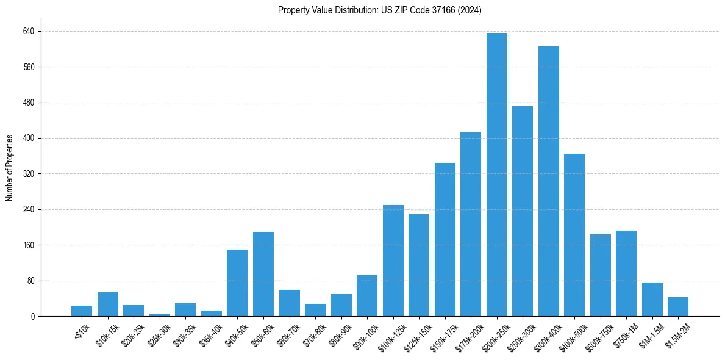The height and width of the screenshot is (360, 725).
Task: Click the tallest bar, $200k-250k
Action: [x=496, y=175]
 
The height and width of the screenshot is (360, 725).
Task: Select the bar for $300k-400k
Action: [x=548, y=181]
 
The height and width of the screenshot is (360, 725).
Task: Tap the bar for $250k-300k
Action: [x=523, y=211]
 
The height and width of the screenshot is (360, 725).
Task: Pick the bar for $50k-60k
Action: [x=263, y=274]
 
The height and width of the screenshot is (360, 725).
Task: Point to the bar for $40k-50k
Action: [x=237, y=283]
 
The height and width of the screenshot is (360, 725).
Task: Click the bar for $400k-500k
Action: [x=574, y=235]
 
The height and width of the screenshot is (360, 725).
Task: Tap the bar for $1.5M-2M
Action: [x=678, y=306]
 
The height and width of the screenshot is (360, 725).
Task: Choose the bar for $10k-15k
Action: [x=108, y=304]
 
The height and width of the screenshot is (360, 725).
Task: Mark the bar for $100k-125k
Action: [x=393, y=261]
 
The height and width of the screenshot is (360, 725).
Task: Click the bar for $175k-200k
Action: [x=471, y=224]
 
